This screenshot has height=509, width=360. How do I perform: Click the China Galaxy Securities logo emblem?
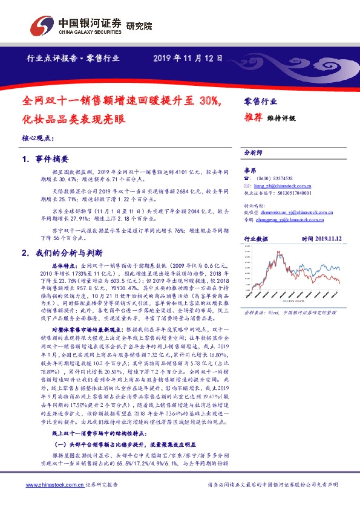(41, 26)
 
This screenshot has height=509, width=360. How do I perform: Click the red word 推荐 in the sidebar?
(252, 117)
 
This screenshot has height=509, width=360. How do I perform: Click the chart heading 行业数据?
(255, 239)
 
